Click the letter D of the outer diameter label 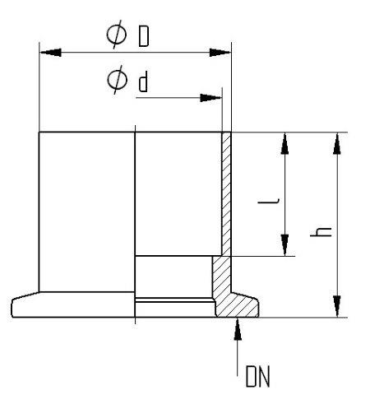click(144, 37)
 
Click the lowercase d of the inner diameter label click(143, 81)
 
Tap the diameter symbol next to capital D click(117, 35)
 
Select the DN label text click(258, 376)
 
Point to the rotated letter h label click(321, 232)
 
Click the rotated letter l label click(269, 202)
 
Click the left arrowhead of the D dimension click(50, 53)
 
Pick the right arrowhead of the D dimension click(220, 53)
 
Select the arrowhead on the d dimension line click(210, 98)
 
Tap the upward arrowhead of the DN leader click(238, 329)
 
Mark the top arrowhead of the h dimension click(337, 143)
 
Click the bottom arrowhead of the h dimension click(337, 306)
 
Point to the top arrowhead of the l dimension click(284, 143)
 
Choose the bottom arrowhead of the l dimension click(284, 245)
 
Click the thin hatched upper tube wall click(226, 194)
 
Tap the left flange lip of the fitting click(25, 304)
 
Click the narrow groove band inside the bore click(174, 300)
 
